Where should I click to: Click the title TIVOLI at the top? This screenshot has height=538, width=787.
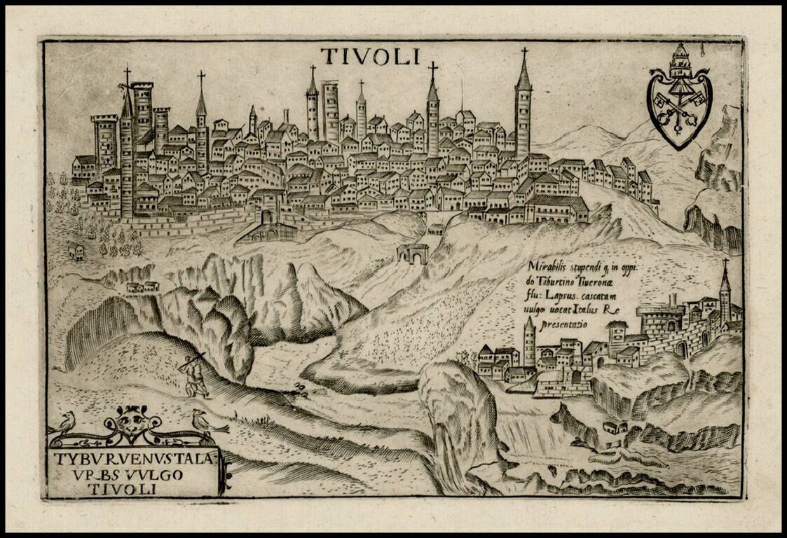(370, 56)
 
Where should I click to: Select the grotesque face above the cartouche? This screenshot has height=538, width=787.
(131, 422)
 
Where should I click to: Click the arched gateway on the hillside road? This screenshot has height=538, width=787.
(412, 254)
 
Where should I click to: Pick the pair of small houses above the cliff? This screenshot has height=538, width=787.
(142, 287)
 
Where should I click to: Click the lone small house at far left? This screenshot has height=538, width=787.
(76, 251)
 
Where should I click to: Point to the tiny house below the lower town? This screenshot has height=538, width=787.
(615, 427)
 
